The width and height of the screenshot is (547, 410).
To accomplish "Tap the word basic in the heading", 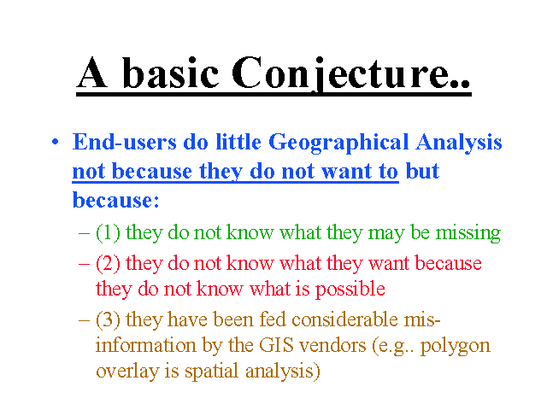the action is (x=171, y=73).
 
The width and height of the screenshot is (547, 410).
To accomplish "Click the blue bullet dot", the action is (x=55, y=142).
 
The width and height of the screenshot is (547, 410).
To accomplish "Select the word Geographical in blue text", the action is (x=338, y=143).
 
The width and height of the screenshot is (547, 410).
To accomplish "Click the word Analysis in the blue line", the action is (x=459, y=143).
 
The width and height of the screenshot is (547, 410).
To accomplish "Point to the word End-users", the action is (x=125, y=143).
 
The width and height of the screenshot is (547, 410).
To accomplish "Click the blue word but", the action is (x=422, y=171).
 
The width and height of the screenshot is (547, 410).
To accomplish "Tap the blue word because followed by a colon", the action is (x=116, y=201).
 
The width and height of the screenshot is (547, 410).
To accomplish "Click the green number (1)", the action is (x=108, y=232).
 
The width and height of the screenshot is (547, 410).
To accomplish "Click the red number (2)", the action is (x=108, y=263).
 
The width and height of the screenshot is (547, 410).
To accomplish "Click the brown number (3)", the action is (x=108, y=319).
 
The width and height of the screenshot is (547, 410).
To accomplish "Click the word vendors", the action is (x=332, y=346).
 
